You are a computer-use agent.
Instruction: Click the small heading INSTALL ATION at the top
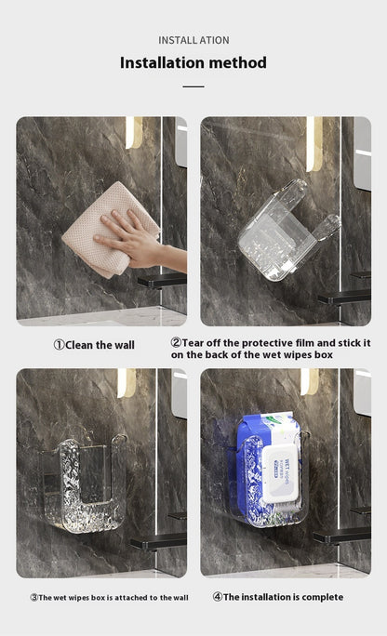point(193,40)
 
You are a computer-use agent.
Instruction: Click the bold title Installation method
point(193,63)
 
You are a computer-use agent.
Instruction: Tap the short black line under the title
point(193,86)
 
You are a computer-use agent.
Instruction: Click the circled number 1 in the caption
point(59,345)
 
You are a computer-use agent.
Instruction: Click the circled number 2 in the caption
point(176,342)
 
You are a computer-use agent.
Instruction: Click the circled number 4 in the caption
point(217,597)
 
